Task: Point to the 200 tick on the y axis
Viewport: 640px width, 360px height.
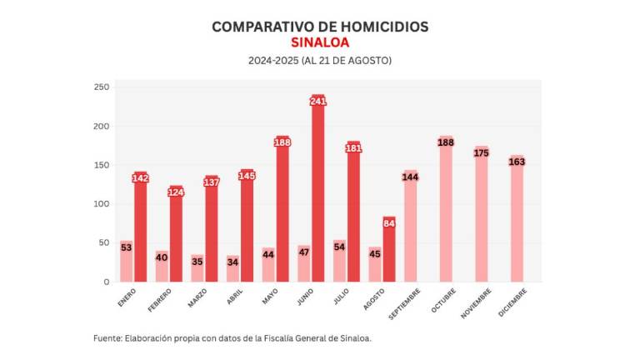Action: [x=101, y=127]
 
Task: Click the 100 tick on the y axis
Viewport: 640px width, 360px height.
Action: [x=101, y=204]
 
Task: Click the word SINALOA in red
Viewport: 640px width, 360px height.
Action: [x=320, y=42]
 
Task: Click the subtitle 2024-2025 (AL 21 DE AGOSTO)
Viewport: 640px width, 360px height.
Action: [x=320, y=61]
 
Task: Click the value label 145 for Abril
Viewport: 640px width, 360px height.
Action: [x=247, y=176]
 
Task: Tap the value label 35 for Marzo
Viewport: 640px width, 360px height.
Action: [x=197, y=260]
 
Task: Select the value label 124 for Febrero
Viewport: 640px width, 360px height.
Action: [x=176, y=192]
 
